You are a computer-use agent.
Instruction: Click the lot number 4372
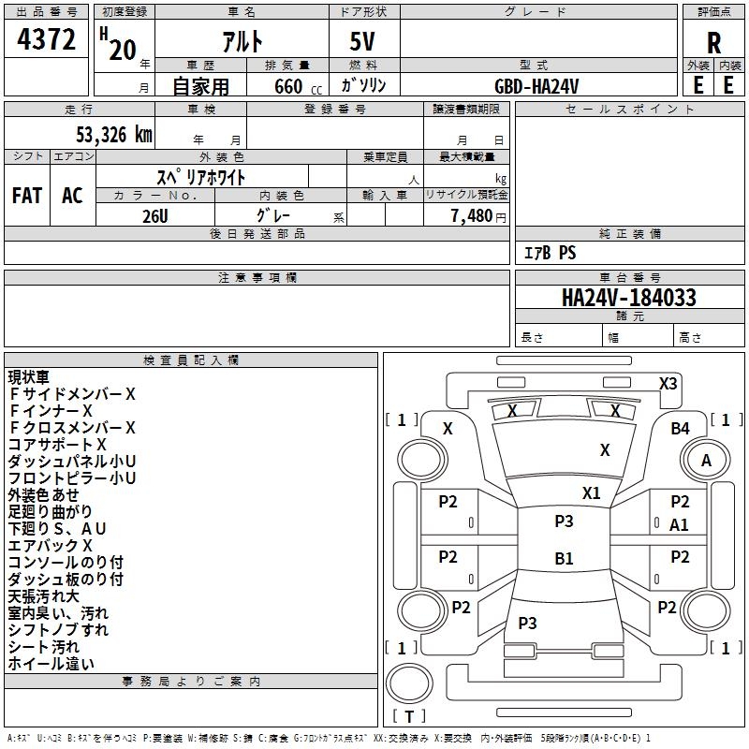pyautogui.click(x=46, y=39)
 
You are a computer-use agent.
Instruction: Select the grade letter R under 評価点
pyautogui.click(x=713, y=43)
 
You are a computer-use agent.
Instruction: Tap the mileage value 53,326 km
pyautogui.click(x=114, y=135)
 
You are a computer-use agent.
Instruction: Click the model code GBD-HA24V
pyautogui.click(x=536, y=86)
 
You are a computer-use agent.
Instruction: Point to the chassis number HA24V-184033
pyautogui.click(x=628, y=298)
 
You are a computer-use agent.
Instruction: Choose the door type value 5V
pyautogui.click(x=362, y=41)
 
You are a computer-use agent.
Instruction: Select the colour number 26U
pyautogui.click(x=155, y=216)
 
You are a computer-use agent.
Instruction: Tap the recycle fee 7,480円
pyautogui.click(x=478, y=216)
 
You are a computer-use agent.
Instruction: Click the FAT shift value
pyautogui.click(x=27, y=196)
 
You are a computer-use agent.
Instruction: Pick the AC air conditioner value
pyautogui.click(x=72, y=196)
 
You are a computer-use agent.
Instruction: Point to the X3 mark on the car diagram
pyautogui.click(x=668, y=384)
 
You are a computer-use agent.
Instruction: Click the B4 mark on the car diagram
pyautogui.click(x=681, y=429)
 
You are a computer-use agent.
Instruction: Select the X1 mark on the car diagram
pyautogui.click(x=592, y=493)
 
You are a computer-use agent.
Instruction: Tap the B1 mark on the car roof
pyautogui.click(x=564, y=558)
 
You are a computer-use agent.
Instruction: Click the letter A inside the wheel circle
pyautogui.click(x=706, y=461)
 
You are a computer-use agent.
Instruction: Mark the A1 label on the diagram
pyautogui.click(x=679, y=525)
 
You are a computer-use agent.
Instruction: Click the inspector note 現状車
pyautogui.click(x=29, y=377)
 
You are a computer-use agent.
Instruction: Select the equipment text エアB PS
pyautogui.click(x=551, y=253)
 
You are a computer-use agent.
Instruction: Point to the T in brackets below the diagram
pyautogui.click(x=409, y=716)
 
